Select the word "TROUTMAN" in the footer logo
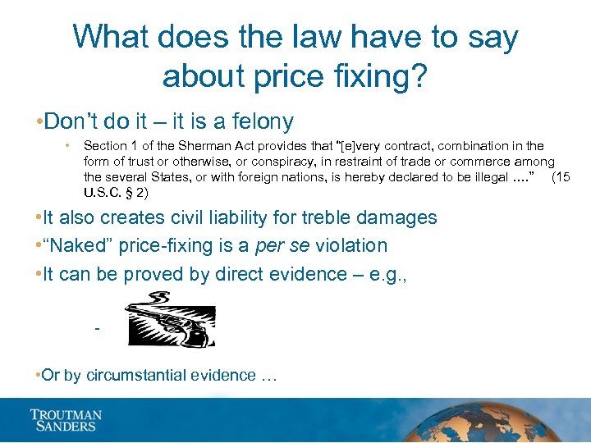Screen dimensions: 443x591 (x=66, y=415)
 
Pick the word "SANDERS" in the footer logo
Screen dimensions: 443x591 (x=63, y=427)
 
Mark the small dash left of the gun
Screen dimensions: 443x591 (x=98, y=330)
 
